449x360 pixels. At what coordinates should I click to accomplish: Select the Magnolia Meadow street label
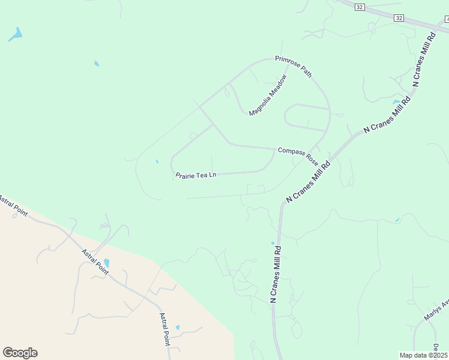(268, 95)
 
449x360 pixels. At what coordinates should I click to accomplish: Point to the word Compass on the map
(291, 151)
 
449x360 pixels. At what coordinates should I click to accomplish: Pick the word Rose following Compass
(312, 159)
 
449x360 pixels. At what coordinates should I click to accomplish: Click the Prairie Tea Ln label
(196, 175)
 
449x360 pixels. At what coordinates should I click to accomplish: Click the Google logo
(20, 353)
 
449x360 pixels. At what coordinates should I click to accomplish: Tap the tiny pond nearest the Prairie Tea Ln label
(157, 161)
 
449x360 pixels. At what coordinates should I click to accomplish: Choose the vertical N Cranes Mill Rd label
(276, 271)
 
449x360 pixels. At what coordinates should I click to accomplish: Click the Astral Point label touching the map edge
(14, 206)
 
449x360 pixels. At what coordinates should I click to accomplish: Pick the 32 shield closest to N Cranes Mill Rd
(399, 18)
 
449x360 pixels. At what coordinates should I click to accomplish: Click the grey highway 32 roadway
(378, 15)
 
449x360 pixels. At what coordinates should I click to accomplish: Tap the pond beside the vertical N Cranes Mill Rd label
(273, 243)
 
